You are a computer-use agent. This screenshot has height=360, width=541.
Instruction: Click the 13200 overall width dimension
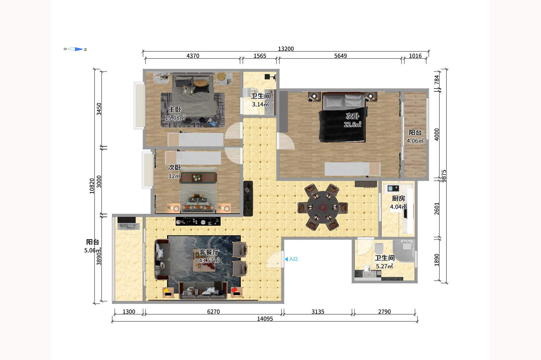click(x=286, y=49)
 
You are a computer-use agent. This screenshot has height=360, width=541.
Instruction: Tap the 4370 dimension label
click(x=193, y=56)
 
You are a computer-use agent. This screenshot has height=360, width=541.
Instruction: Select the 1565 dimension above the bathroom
click(x=260, y=56)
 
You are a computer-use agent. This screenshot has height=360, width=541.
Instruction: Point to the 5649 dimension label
click(x=340, y=56)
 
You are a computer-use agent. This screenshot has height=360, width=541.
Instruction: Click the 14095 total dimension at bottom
click(x=265, y=319)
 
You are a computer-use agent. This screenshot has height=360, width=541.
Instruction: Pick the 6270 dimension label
click(x=213, y=312)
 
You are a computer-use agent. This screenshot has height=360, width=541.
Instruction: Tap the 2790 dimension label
click(x=384, y=312)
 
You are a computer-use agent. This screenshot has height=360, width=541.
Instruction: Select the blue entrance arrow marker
click(x=286, y=259)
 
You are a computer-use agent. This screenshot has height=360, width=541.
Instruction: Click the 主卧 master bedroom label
click(x=175, y=109)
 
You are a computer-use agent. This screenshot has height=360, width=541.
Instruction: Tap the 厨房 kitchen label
click(x=398, y=198)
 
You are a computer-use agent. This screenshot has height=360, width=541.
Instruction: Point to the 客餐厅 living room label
click(x=209, y=252)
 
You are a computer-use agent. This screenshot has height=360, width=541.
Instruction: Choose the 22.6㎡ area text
click(x=352, y=124)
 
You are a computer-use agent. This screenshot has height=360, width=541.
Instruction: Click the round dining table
click(x=323, y=207)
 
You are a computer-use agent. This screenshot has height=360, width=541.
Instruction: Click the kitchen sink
click(x=393, y=188)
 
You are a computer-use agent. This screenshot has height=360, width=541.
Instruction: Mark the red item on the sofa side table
click(x=234, y=290)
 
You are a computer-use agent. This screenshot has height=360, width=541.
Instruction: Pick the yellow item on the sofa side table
click(x=165, y=290)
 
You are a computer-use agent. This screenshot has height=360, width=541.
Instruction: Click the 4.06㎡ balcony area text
click(x=415, y=141)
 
